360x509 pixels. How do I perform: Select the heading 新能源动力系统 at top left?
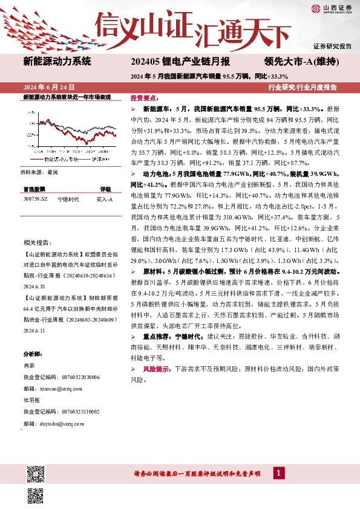57,61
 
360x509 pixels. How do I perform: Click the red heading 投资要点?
145,97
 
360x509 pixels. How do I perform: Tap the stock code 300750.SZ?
35,198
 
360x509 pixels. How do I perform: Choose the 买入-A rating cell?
105,198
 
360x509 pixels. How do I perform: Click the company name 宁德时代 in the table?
67,198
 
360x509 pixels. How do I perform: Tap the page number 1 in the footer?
279,473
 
